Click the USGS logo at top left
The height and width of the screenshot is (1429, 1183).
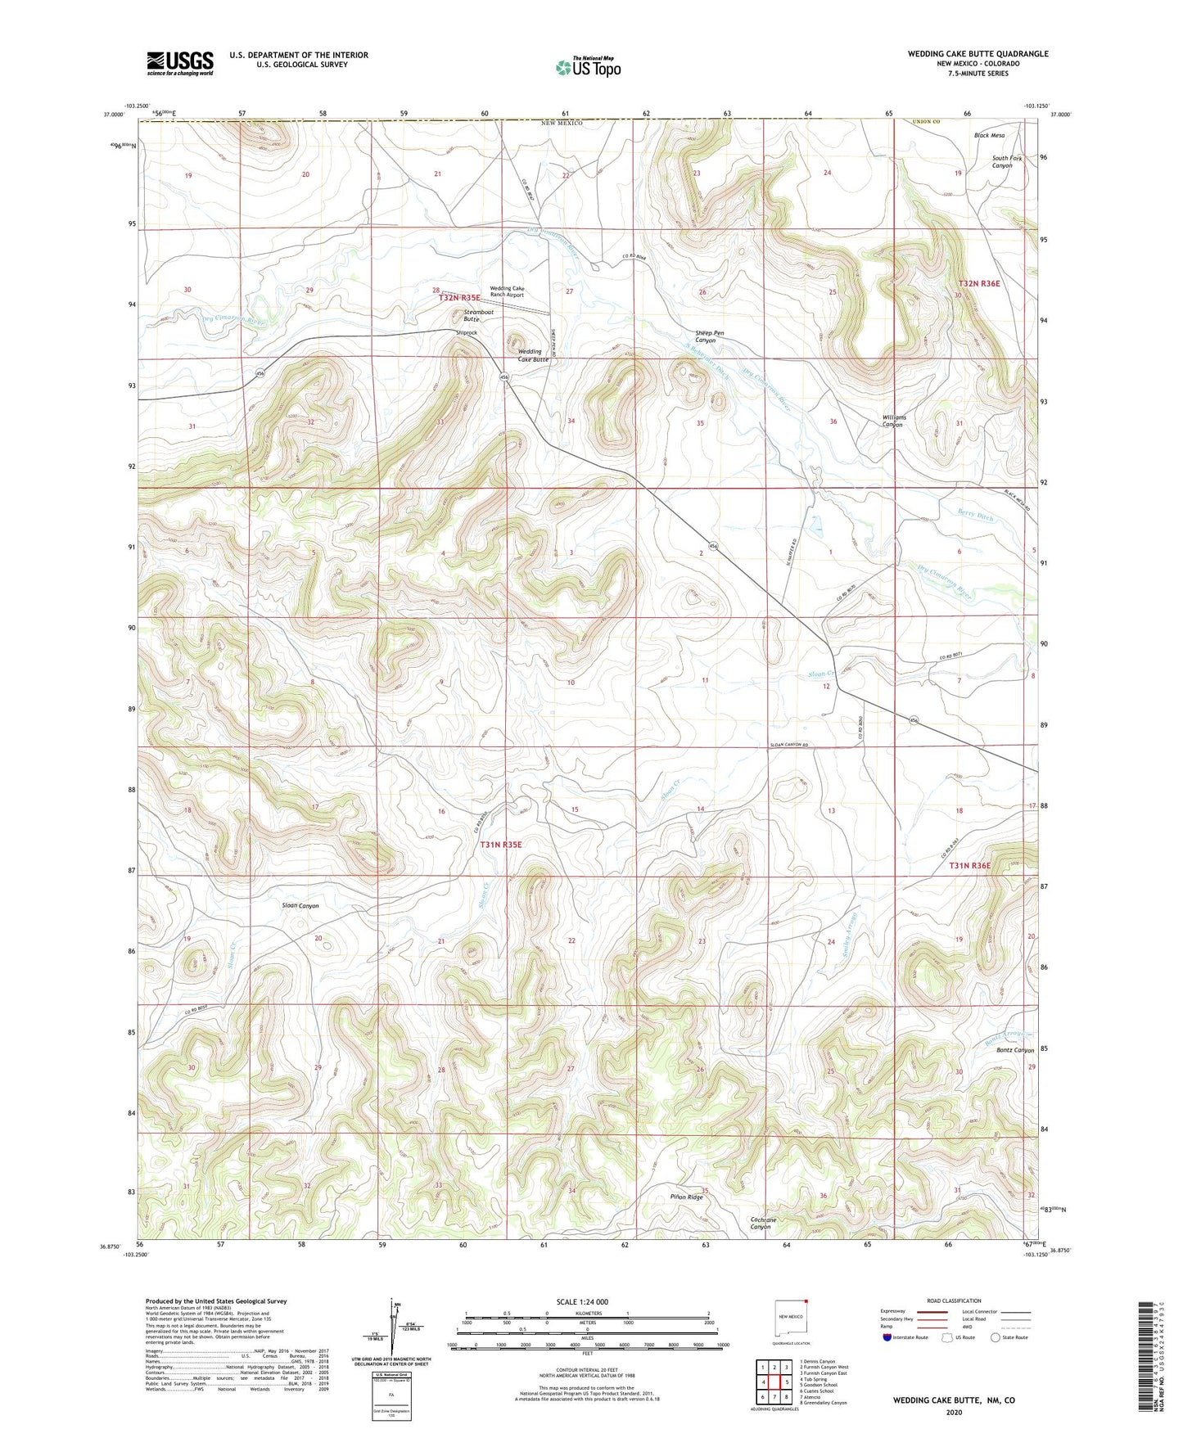coord(179,63)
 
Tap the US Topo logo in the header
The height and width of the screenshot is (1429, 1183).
coord(588,67)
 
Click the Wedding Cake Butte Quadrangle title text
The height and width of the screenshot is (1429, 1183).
coord(978,54)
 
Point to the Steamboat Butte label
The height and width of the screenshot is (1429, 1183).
coord(478,315)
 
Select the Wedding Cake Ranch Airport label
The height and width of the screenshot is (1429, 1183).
coord(507,291)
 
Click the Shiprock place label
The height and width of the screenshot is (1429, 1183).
coord(467,333)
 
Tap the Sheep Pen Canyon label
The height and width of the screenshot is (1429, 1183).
coord(709,336)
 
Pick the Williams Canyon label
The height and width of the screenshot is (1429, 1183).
coord(892,421)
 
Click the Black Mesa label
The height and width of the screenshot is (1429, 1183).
coord(989,135)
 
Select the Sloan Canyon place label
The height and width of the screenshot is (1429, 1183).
coord(300,906)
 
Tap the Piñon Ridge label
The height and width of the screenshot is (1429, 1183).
coord(686,1197)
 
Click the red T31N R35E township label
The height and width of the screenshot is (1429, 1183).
coord(501,844)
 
